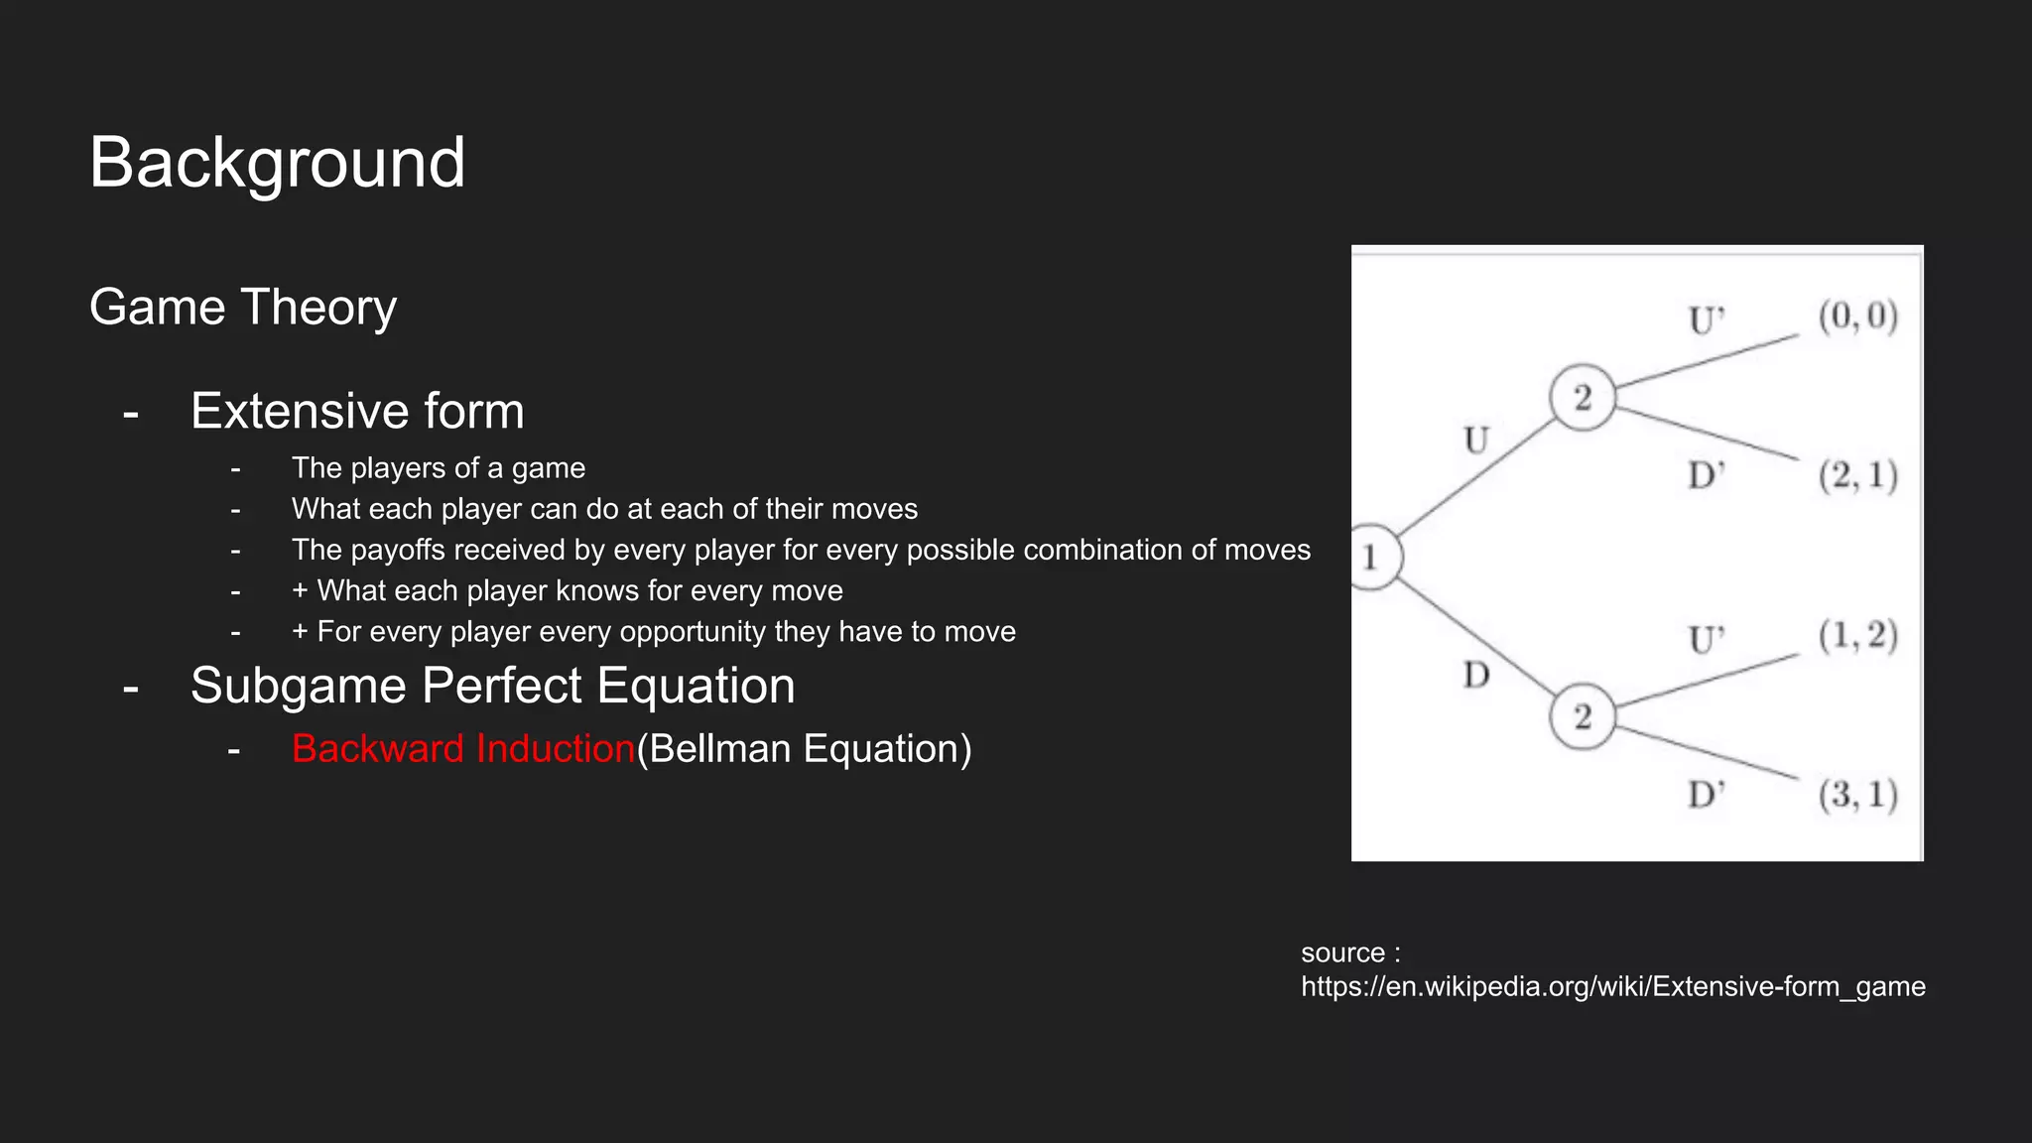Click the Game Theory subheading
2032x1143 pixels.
(243, 307)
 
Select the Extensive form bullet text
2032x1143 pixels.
(357, 411)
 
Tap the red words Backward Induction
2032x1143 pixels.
(462, 748)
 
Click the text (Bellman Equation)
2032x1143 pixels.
(804, 748)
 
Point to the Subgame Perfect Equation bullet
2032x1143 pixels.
(492, 686)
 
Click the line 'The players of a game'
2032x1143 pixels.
(438, 467)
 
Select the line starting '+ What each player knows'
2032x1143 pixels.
(567, 590)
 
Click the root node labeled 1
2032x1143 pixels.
(1372, 558)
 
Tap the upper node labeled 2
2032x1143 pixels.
(1583, 398)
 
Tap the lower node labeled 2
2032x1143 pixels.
(1583, 716)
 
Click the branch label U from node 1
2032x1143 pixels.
(1476, 440)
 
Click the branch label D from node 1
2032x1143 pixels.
(1476, 676)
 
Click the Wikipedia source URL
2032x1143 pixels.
(1612, 986)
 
